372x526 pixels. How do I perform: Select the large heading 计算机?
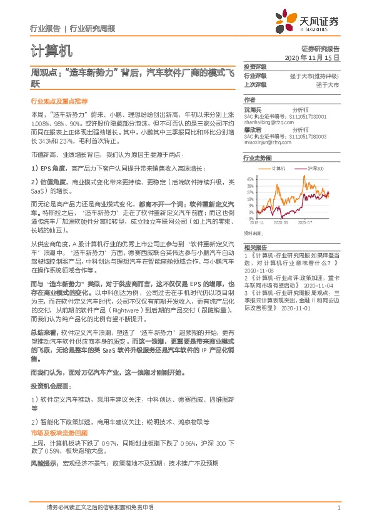pos(51,51)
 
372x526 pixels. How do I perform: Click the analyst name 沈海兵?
pos(253,109)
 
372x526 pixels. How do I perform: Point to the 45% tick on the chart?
pos(250,180)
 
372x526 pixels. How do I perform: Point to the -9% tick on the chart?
pos(250,219)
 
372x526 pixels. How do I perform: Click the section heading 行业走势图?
pos(256,159)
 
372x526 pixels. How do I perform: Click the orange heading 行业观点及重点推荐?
pos(60,101)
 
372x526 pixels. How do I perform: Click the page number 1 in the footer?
pos(338,508)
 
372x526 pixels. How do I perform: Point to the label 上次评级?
pos(254,84)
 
